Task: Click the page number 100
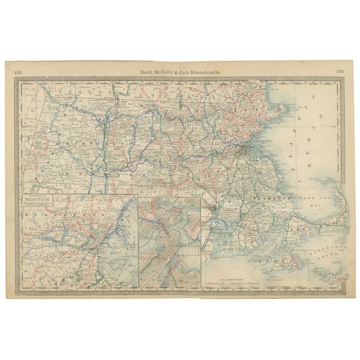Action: [x=19, y=71]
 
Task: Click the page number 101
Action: [x=340, y=71]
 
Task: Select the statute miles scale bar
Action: [x=232, y=282]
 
